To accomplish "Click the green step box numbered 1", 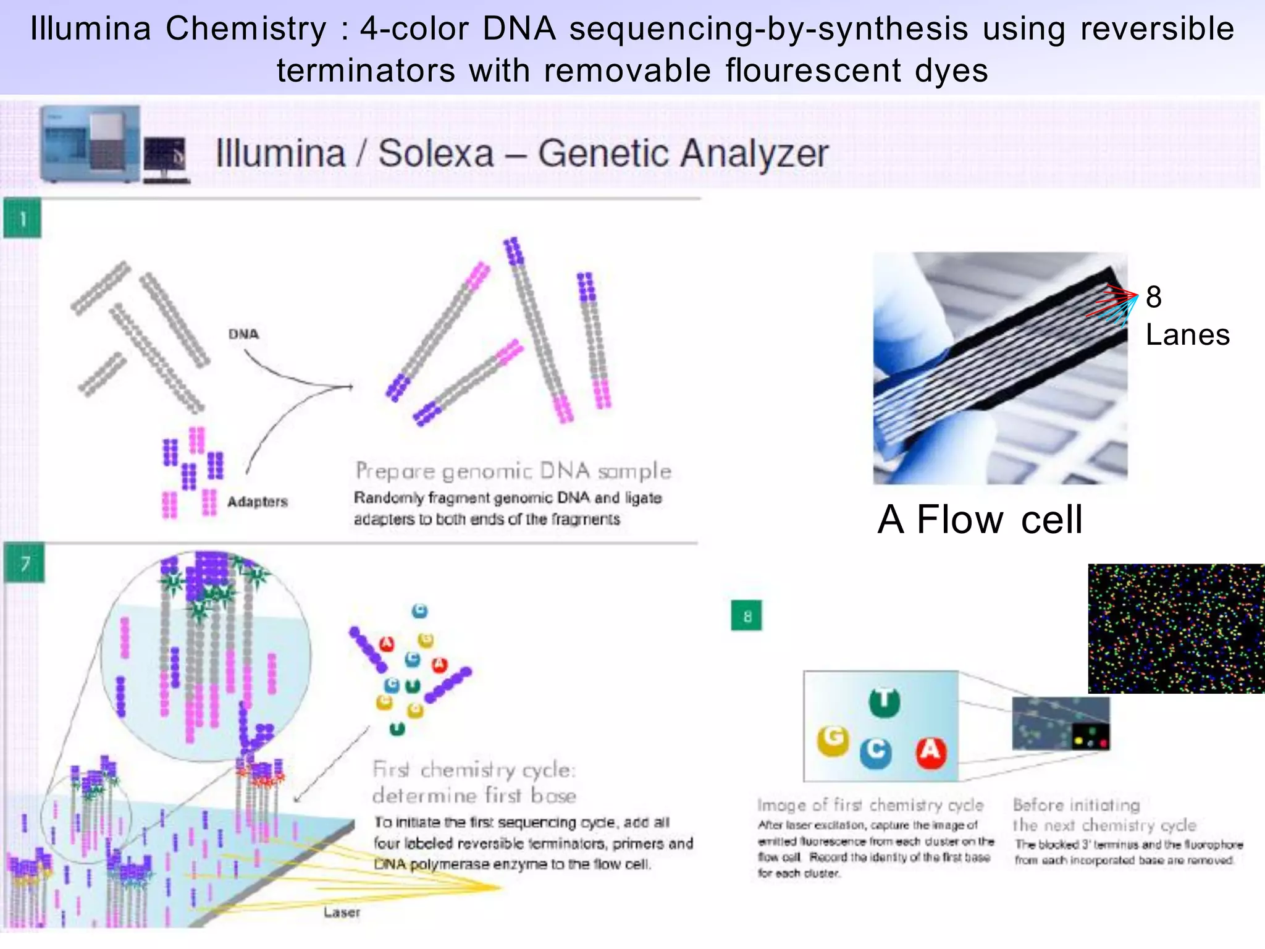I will point(22,218).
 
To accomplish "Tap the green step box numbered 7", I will point(25,563).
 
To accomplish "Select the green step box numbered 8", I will point(747,615).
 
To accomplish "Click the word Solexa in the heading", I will point(435,153).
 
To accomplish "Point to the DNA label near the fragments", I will point(243,334).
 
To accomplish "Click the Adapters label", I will point(257,502).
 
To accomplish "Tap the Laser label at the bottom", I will point(341,912).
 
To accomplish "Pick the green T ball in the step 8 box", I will point(885,702).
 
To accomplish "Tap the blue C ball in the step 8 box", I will point(875,751).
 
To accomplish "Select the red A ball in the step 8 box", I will point(930,751).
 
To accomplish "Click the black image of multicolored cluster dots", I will point(1176,628).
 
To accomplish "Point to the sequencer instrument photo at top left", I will point(90,145).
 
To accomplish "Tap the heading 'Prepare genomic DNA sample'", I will point(513,471).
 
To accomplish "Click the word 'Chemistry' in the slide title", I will point(246,28).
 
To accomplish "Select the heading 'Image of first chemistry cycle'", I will point(870,805).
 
